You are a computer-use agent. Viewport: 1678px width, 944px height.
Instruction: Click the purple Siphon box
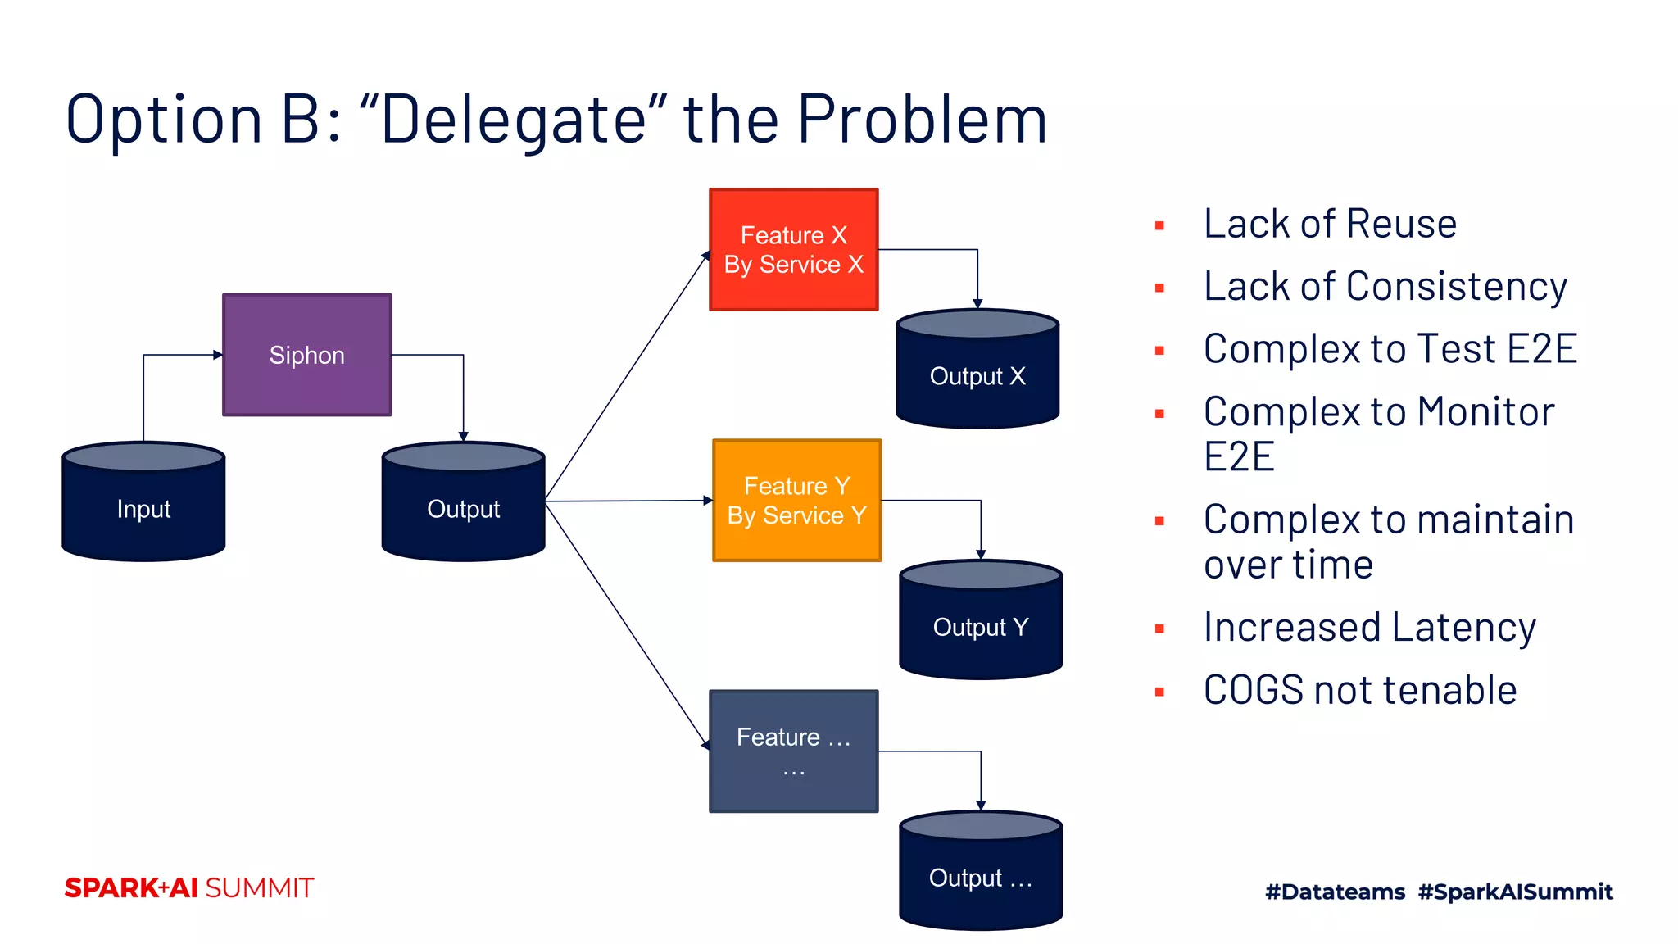306,355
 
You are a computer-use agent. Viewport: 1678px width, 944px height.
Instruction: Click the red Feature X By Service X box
793,250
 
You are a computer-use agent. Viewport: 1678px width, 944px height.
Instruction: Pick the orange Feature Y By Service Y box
796,501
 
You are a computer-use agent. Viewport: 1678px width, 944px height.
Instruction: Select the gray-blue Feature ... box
793,751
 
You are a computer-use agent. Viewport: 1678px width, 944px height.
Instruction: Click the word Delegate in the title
513,120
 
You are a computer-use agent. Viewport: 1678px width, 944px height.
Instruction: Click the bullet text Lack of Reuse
1330,224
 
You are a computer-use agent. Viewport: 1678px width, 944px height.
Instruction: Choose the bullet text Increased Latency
1369,628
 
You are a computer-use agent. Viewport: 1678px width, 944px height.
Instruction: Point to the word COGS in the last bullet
1253,690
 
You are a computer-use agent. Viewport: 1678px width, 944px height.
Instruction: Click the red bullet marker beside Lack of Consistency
1159,288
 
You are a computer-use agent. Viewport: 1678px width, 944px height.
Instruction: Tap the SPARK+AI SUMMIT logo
189,888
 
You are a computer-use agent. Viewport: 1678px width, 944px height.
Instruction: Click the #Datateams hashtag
1335,892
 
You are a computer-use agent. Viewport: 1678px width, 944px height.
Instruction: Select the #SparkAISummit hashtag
1515,892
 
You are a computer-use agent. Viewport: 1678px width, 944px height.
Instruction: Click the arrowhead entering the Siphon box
218,355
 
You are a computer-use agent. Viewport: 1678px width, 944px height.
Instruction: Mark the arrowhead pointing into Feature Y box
708,500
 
